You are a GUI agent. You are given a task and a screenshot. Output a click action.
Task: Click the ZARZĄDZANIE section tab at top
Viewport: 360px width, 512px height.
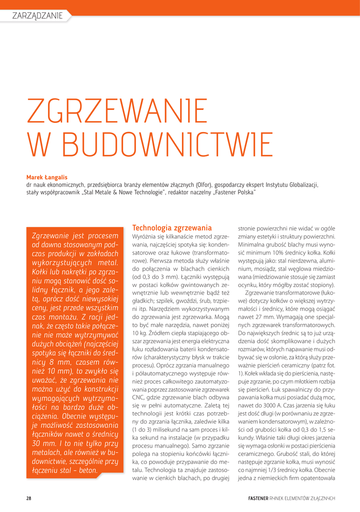37,15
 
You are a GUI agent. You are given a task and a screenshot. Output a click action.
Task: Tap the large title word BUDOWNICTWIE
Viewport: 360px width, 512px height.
150,143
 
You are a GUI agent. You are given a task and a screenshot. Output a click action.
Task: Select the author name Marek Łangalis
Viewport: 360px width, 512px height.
46,176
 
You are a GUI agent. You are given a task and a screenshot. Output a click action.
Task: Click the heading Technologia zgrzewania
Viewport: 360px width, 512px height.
171,227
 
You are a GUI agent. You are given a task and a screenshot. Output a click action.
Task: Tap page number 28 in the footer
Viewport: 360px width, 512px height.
29,498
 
